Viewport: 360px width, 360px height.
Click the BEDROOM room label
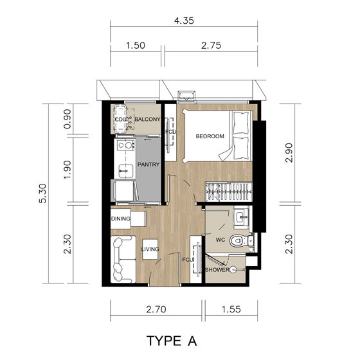pyautogui.click(x=210, y=136)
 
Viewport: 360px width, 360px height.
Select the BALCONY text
pyautogui.click(x=147, y=120)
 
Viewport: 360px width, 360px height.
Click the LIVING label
pyautogui.click(x=150, y=249)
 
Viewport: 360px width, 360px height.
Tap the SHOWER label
pyautogui.click(x=217, y=270)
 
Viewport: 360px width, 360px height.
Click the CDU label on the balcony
pyautogui.click(x=120, y=120)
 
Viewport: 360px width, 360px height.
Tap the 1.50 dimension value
pyautogui.click(x=136, y=46)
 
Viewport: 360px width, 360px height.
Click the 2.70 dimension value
pyautogui.click(x=156, y=309)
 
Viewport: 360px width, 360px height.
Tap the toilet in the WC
pyautogui.click(x=240, y=241)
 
